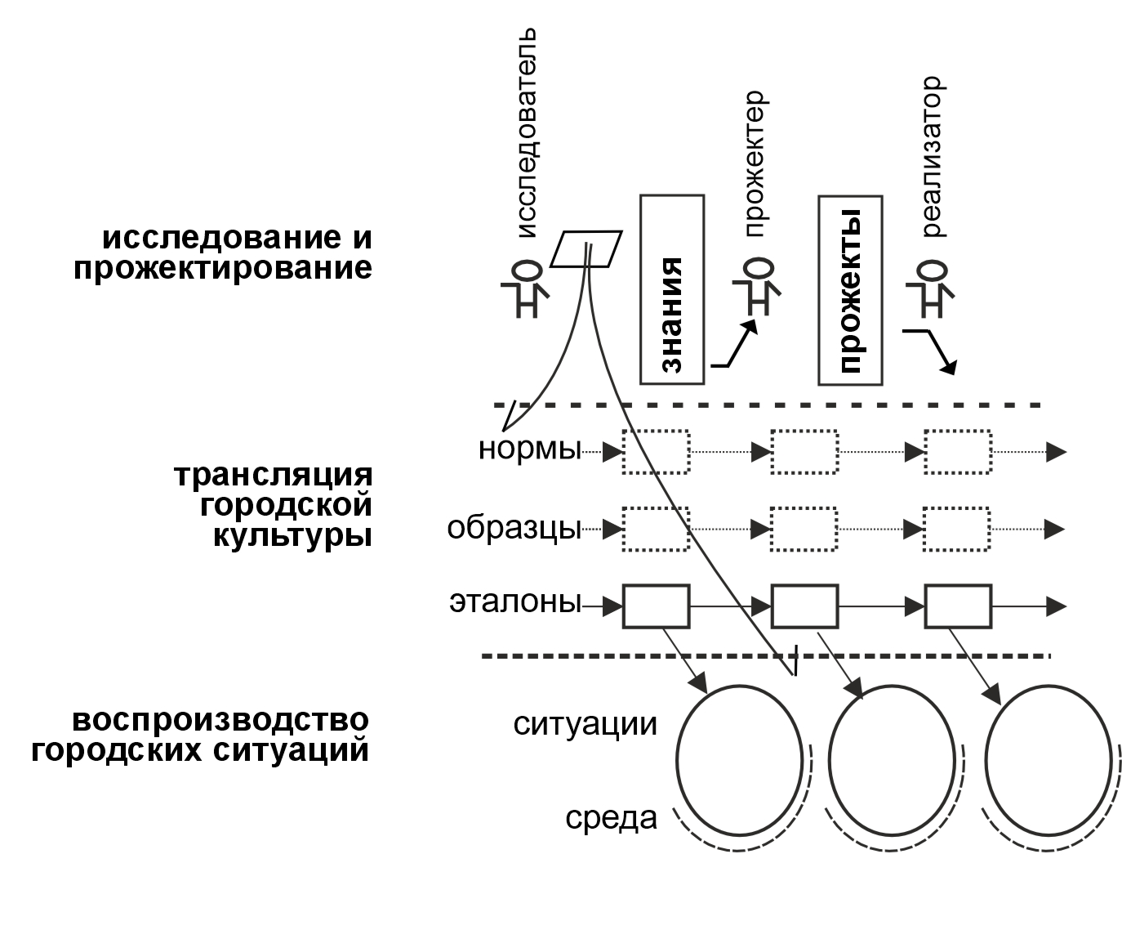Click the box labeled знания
pyautogui.click(x=671, y=289)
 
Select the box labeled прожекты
pyautogui.click(x=850, y=289)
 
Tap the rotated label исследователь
pyautogui.click(x=527, y=133)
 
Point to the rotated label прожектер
pyautogui.click(x=754, y=163)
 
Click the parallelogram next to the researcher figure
pyautogui.click(x=585, y=248)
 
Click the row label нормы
pyautogui.click(x=529, y=449)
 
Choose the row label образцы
pyautogui.click(x=514, y=528)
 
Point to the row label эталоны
pyautogui.click(x=514, y=604)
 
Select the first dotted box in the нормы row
pyautogui.click(x=656, y=451)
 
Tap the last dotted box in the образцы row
pyautogui.click(x=957, y=530)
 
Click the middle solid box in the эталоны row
pyautogui.click(x=804, y=606)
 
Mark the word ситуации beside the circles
pyautogui.click(x=585, y=724)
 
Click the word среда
pyautogui.click(x=611, y=817)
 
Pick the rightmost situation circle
pyautogui.click(x=1049, y=758)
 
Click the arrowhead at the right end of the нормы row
pyautogui.click(x=1057, y=451)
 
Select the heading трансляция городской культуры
pyautogui.click(x=274, y=505)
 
